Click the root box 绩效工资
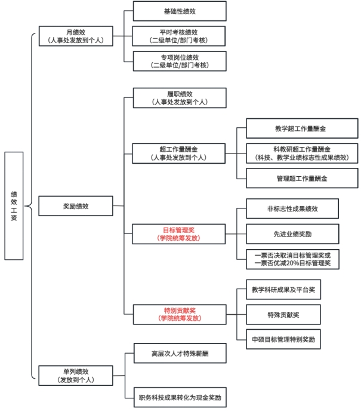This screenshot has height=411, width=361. tap(14, 205)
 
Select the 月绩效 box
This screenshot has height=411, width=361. tap(75, 36)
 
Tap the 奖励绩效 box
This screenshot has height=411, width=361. tap(75, 206)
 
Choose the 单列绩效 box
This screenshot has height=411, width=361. tap(75, 375)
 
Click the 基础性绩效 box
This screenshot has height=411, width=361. tap(180, 11)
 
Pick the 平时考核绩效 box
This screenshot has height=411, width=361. tap(180, 36)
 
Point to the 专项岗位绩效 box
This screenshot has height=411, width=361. tap(180, 61)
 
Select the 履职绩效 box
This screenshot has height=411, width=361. tap(180, 98)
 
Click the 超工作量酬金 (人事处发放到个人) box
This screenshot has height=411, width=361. tap(180, 153)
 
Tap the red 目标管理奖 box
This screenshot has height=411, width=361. tap(180, 233)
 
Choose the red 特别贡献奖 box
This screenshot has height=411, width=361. tap(180, 314)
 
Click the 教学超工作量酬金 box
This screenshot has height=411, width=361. tap(301, 128)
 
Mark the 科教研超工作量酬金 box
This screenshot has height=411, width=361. tap(301, 153)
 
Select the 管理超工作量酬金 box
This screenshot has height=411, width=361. tap(301, 178)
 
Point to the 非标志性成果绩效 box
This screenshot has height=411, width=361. tap(292, 208)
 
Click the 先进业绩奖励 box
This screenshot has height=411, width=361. tap(292, 233)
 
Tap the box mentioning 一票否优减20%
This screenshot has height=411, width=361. tap(292, 258)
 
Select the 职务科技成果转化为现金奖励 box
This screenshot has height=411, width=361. tap(180, 397)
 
